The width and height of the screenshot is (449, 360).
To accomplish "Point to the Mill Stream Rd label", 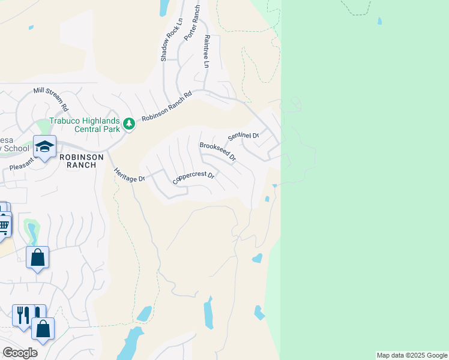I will click(51, 99).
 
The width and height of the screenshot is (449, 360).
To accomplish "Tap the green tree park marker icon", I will click(128, 124).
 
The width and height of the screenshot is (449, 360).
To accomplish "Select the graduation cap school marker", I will click(44, 146).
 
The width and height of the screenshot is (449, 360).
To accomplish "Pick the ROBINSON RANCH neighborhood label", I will click(82, 161).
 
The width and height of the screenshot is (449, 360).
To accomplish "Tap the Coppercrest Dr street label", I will click(193, 178).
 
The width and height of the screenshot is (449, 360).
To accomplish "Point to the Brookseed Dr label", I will click(217, 152).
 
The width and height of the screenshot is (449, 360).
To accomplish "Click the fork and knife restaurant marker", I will click(23, 314).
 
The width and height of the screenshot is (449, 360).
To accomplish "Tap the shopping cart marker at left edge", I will click(4, 226).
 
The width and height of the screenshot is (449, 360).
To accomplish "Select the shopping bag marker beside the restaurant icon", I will click(43, 329).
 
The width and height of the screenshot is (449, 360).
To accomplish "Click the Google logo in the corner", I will click(20, 353).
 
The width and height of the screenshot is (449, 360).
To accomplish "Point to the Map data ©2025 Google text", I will click(412, 355).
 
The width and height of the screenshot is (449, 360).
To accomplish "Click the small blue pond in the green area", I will click(379, 21).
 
